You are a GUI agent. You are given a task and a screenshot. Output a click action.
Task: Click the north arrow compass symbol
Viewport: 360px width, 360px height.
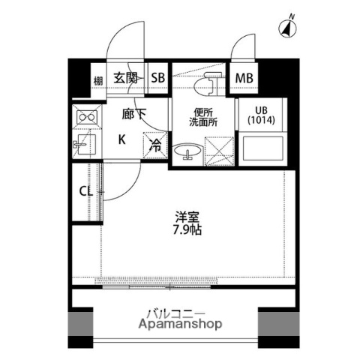[286, 29]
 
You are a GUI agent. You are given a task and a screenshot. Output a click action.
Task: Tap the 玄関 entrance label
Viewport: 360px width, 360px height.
[125, 78]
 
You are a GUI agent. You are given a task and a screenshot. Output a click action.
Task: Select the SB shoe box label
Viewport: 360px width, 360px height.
[158, 78]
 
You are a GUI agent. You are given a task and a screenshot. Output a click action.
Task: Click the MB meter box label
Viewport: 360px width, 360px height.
[244, 78]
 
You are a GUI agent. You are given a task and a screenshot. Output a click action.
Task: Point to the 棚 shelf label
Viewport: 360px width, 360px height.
[97, 79]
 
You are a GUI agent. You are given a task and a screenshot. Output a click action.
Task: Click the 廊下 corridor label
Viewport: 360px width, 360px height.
[134, 115]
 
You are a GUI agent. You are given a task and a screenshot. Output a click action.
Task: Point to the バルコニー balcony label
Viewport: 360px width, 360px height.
[179, 313]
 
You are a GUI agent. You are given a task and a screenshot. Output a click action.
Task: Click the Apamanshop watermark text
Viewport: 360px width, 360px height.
[179, 325]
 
